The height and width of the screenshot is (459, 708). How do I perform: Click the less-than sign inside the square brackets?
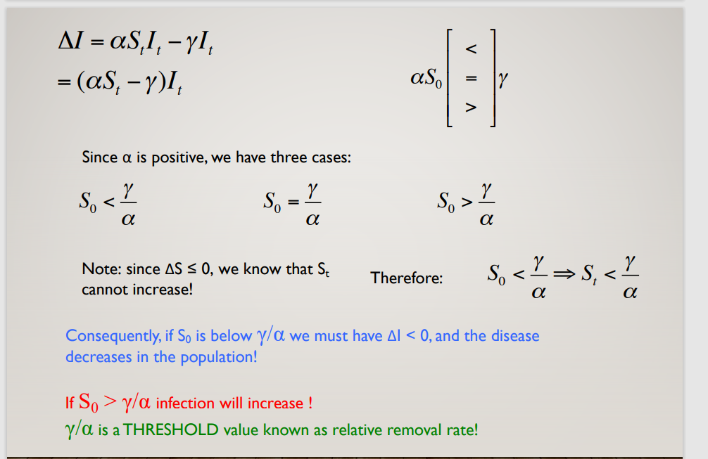pos(472,50)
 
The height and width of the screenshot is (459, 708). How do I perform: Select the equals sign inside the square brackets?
pos(472,79)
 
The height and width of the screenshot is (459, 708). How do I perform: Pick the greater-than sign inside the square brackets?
pos(472,108)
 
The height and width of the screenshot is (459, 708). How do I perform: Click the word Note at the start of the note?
pos(97,269)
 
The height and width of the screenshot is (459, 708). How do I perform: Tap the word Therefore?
pos(407,278)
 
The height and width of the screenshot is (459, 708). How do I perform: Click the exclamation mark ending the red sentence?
pos(309,403)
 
